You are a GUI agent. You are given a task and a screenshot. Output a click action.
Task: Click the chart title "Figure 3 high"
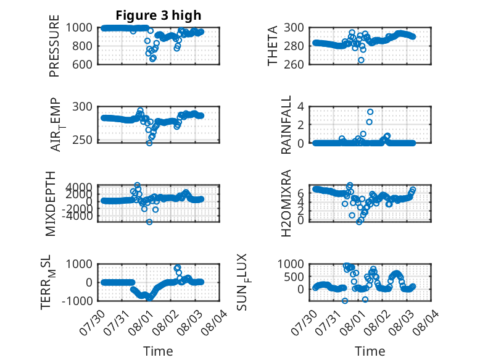click(159, 15)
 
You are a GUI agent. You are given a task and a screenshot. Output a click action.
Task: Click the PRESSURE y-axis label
click(54, 46)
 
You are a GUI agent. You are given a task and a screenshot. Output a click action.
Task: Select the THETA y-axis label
click(272, 46)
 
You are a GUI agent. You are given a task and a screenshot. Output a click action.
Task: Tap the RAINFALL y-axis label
click(286, 125)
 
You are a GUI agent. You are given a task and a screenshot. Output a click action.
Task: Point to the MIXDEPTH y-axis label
click(51, 204)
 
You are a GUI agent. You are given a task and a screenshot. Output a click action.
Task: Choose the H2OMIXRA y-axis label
click(286, 203)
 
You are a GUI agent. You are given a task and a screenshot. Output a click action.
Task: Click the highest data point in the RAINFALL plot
click(370, 112)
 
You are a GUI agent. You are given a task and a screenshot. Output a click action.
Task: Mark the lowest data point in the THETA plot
click(361, 60)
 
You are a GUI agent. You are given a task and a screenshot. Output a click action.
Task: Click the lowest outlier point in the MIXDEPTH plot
click(149, 222)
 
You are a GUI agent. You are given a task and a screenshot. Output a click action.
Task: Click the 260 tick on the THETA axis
click(294, 64)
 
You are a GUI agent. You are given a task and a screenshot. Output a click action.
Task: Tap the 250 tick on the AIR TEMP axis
click(81, 140)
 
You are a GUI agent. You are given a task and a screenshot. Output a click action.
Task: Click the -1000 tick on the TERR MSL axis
click(77, 301)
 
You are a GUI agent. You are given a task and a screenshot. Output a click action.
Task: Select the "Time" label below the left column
click(159, 351)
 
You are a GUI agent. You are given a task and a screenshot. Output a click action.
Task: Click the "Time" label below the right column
click(370, 351)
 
